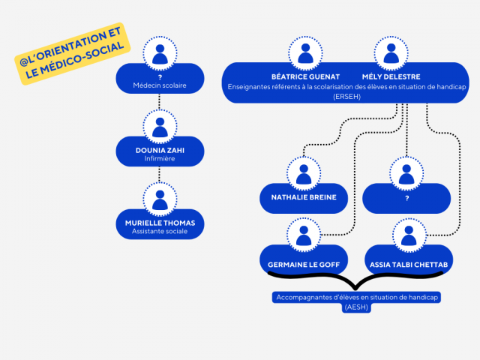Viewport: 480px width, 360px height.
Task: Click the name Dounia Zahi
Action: [160, 150]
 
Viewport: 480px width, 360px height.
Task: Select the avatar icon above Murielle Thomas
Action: [160, 201]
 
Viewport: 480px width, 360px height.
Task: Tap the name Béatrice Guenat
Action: [305, 76]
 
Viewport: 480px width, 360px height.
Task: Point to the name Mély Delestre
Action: [391, 76]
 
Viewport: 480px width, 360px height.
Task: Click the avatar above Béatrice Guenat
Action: [305, 54]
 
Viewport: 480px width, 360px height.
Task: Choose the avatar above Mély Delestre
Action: [391, 54]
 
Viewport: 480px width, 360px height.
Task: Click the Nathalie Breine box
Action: [304, 198]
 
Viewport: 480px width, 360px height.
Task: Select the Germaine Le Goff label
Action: [303, 264]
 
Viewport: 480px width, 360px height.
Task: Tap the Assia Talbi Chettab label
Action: [409, 264]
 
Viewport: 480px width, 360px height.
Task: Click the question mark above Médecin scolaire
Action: [160, 76]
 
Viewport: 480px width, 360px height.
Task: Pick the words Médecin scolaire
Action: [160, 86]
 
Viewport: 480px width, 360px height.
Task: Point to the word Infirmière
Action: [160, 159]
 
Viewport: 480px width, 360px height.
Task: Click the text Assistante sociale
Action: [160, 232]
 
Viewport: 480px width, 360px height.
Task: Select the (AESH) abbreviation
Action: [356, 307]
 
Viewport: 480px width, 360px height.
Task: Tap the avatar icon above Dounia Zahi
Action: [160, 126]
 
